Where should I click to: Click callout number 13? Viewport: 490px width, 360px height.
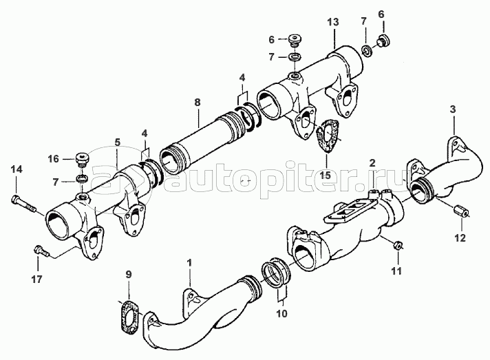click(333, 22)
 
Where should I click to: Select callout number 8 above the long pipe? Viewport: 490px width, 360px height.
click(198, 102)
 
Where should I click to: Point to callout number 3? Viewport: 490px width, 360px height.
click(453, 109)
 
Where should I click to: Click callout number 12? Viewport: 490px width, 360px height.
click(460, 237)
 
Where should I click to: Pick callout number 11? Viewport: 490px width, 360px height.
click(396, 271)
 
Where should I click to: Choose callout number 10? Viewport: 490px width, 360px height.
click(281, 313)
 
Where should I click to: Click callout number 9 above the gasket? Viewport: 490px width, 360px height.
click(129, 275)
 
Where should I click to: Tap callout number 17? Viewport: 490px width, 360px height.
click(36, 279)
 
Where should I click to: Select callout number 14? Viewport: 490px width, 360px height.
click(17, 170)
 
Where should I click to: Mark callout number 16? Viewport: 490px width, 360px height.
click(53, 159)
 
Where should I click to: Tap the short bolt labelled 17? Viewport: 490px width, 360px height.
click(41, 251)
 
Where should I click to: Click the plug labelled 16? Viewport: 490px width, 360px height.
click(82, 159)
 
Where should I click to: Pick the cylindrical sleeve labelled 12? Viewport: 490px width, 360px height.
click(461, 211)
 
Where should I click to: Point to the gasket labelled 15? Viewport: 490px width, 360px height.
click(327, 136)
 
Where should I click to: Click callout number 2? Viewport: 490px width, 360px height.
click(372, 163)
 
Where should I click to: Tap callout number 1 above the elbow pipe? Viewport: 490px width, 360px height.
click(189, 263)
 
